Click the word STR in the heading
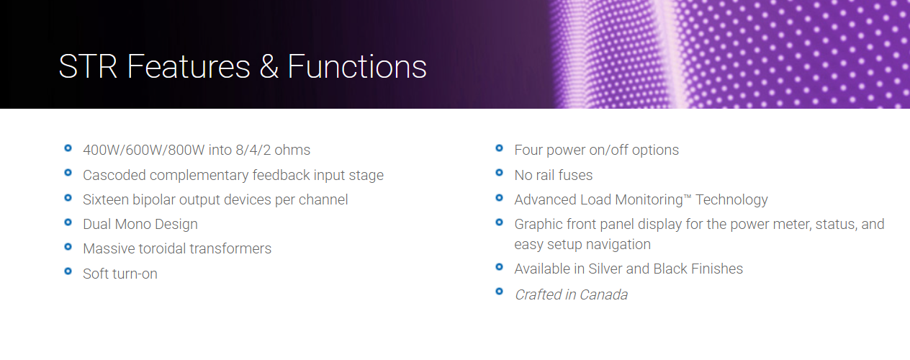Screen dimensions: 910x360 click(88, 66)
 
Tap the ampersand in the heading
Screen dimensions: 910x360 click(269, 66)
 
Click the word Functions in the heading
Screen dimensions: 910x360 click(357, 66)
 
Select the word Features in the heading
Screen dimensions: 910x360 click(189, 66)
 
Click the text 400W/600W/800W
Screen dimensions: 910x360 click(144, 150)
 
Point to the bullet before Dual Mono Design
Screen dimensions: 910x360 click(68, 222)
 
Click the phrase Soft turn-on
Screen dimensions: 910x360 click(120, 274)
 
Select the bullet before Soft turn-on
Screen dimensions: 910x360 click(68, 271)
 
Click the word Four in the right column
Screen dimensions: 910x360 click(528, 150)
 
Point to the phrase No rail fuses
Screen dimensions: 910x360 click(554, 175)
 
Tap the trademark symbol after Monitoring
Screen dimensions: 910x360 click(688, 197)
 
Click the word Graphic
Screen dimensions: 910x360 click(538, 225)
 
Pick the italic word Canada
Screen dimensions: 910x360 click(604, 294)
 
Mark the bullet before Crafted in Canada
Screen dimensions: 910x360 click(500, 292)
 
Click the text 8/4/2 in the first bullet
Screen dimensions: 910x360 click(253, 150)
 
